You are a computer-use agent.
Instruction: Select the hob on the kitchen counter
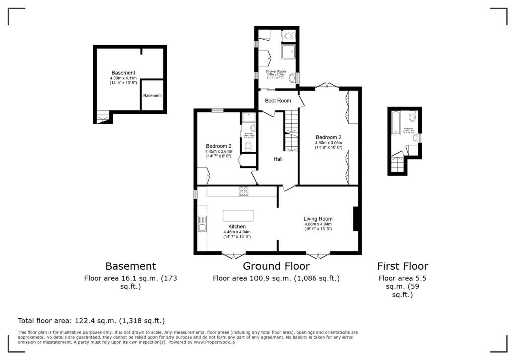(243, 191)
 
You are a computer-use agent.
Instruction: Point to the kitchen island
(239, 215)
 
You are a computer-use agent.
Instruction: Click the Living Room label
(318, 219)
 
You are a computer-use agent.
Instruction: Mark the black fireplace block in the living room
(356, 219)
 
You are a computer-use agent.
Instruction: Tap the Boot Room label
(278, 101)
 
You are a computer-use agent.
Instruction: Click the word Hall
(278, 159)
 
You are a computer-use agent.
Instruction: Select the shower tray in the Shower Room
(289, 51)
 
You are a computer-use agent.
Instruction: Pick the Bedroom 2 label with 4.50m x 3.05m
(328, 137)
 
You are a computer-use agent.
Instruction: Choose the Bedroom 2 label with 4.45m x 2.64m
(218, 146)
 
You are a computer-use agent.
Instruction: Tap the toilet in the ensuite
(248, 146)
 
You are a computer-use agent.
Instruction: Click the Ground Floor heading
(276, 266)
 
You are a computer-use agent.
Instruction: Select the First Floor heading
(403, 266)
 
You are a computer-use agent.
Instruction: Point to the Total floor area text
(91, 320)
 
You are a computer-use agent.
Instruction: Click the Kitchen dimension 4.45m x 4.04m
(237, 232)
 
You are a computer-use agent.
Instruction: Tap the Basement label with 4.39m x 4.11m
(123, 73)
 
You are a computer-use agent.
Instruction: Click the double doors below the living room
(318, 256)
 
